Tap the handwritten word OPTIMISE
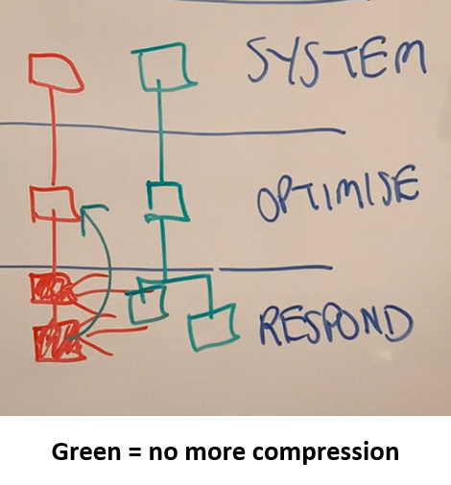[338, 195]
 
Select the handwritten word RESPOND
[336, 324]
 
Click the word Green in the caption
[86, 451]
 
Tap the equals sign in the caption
[135, 452]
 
